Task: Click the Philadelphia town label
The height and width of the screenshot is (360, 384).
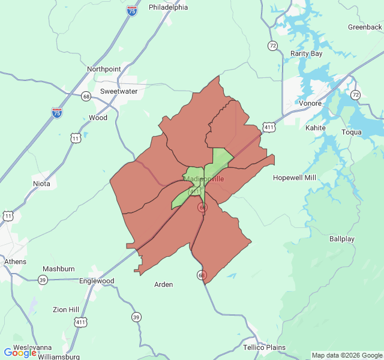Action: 168,7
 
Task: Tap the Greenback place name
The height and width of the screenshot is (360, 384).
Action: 365,27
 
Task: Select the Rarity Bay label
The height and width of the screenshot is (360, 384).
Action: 306,53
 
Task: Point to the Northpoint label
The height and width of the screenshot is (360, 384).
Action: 104,69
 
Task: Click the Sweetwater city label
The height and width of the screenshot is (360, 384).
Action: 119,91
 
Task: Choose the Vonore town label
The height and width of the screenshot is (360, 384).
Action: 310,103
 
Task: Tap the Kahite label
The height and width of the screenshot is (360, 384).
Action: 315,128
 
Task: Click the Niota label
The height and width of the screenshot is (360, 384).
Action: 41,184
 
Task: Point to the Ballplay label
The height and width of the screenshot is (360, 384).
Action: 341,239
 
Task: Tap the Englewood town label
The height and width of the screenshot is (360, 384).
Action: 97,281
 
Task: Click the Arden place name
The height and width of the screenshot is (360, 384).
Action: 164,284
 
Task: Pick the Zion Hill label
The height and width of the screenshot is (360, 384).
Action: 66,310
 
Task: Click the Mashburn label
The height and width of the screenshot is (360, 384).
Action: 59,269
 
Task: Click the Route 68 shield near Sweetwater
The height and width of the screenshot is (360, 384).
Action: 87,96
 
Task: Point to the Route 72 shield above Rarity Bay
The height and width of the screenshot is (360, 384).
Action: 273,46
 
